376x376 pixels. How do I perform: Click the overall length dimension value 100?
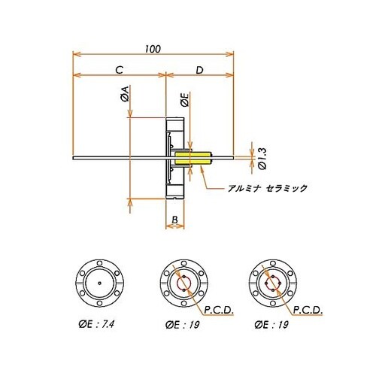point(153,49)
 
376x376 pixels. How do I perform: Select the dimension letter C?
point(120,70)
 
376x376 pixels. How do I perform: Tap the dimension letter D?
point(199,70)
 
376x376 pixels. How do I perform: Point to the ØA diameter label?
point(125,93)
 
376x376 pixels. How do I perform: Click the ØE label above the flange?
point(185,100)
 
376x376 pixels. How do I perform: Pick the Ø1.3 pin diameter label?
point(262,159)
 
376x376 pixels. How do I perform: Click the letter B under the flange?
point(174,220)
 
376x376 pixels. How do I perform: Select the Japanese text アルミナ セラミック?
point(267,188)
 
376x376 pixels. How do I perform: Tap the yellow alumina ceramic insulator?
point(193,158)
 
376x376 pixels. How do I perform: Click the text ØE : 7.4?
point(96,325)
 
